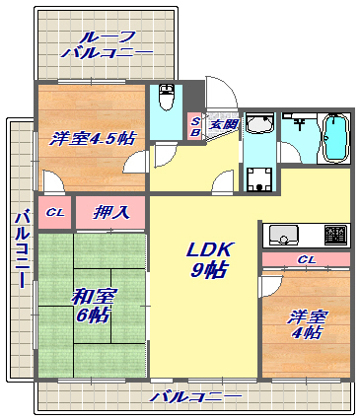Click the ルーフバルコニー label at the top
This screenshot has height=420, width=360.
(x=107, y=45)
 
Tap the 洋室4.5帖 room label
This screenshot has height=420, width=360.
(x=92, y=138)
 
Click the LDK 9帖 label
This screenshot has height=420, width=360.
(x=209, y=259)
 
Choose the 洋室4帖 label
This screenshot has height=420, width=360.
(x=306, y=324)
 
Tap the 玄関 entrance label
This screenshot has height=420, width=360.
(x=223, y=124)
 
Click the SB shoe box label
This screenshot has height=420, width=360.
(x=195, y=125)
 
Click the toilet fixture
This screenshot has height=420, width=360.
(x=167, y=99)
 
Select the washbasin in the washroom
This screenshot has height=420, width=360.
(x=260, y=125)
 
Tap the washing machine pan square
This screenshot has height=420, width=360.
(x=260, y=178)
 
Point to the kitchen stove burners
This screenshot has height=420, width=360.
(x=334, y=236)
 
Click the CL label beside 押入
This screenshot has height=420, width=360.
(x=56, y=212)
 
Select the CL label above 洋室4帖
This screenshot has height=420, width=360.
(x=306, y=260)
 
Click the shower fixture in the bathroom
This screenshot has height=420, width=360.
(x=298, y=126)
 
